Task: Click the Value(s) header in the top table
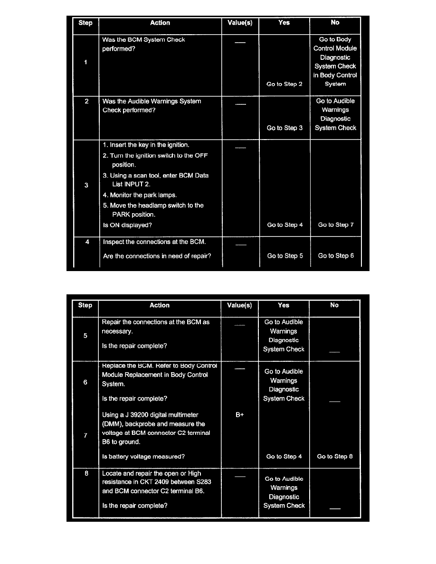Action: (x=240, y=23)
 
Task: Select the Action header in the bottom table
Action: (x=160, y=305)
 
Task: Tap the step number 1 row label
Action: (x=86, y=62)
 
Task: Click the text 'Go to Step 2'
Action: (x=284, y=84)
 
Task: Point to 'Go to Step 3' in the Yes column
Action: (x=284, y=128)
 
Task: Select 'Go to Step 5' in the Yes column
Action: (x=285, y=256)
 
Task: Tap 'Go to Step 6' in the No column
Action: (x=336, y=256)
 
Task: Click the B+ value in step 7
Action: (x=240, y=415)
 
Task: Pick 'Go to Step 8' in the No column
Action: (x=335, y=457)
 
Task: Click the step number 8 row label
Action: (x=85, y=473)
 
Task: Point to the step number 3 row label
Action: (x=86, y=185)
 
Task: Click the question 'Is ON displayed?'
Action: (x=127, y=226)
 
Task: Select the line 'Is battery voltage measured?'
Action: (x=143, y=457)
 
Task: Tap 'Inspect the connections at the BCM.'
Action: (x=154, y=242)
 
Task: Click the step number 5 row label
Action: (x=85, y=336)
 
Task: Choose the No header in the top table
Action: (x=335, y=23)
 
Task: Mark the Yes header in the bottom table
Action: (x=284, y=305)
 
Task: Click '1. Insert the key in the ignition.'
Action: (x=146, y=145)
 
